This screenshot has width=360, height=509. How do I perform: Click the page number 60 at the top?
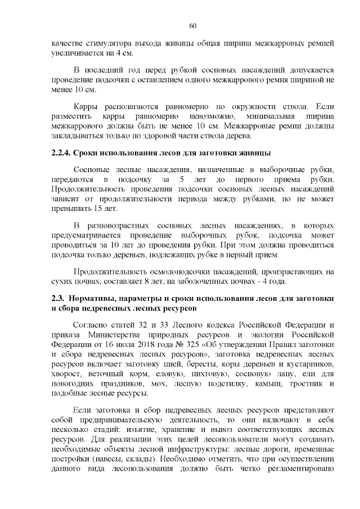pos(193,26)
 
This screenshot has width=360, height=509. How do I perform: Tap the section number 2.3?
pos(57,298)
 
